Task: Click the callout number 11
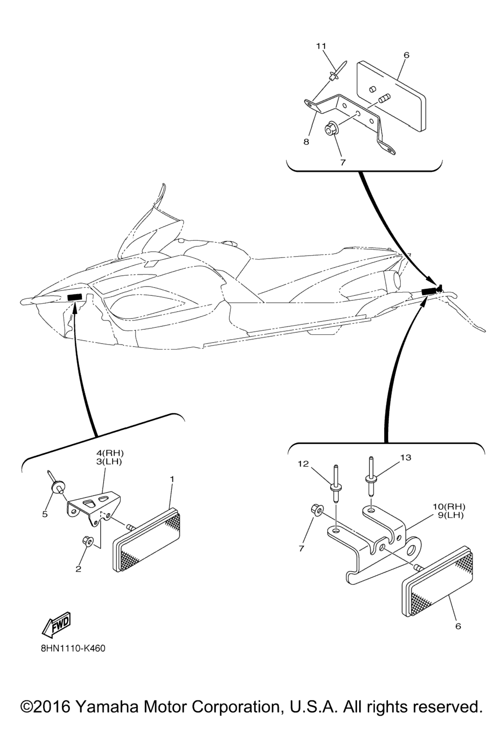(x=321, y=46)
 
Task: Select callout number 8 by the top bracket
(x=306, y=142)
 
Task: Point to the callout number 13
(x=406, y=458)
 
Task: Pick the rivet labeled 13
(x=370, y=476)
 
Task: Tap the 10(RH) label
(x=449, y=506)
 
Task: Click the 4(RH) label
(x=108, y=453)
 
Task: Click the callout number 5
(x=45, y=514)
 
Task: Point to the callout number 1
(x=172, y=479)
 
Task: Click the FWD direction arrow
(x=56, y=625)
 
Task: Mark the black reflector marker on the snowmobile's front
(x=75, y=297)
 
